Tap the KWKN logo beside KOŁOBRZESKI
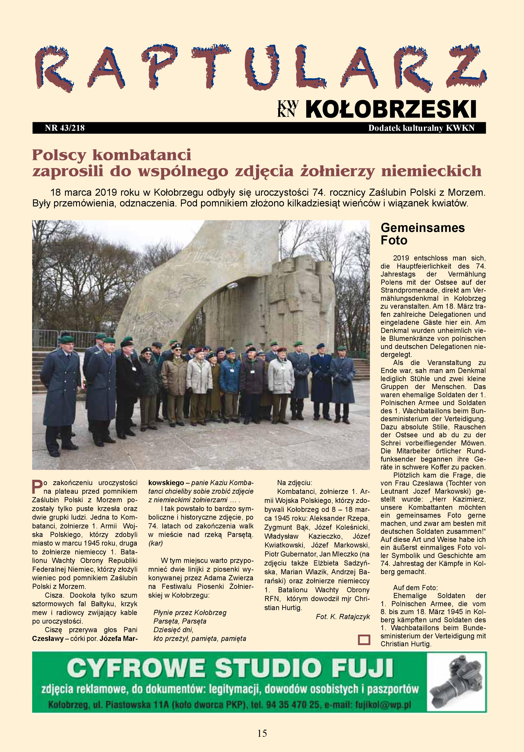[288, 109]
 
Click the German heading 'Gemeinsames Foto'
[422, 234]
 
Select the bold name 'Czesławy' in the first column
[48, 638]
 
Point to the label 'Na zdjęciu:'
[295, 483]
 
